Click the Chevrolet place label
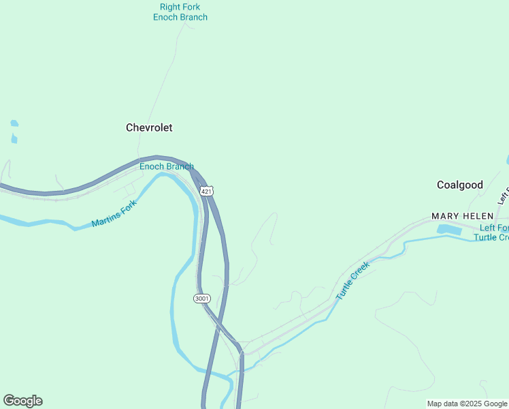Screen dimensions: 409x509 pyautogui.click(x=149, y=127)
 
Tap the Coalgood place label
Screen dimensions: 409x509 pyautogui.click(x=460, y=185)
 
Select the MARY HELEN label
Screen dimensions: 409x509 pyautogui.click(x=462, y=216)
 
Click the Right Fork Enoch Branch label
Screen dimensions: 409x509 pyautogui.click(x=180, y=12)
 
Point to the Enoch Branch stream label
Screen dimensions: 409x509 pyautogui.click(x=167, y=166)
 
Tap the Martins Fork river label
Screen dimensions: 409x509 pyautogui.click(x=114, y=213)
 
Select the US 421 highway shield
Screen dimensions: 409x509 pyautogui.click(x=207, y=192)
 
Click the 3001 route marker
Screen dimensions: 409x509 pyautogui.click(x=201, y=299)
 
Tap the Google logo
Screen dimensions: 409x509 pyautogui.click(x=22, y=401)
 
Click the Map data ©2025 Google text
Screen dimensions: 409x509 pyautogui.click(x=467, y=404)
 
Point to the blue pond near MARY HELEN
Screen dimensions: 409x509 pyautogui.click(x=449, y=230)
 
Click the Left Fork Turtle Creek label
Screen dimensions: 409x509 pyautogui.click(x=493, y=232)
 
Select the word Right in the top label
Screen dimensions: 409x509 pyautogui.click(x=171, y=7)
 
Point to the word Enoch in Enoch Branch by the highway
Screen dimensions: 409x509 pyautogui.click(x=151, y=166)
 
